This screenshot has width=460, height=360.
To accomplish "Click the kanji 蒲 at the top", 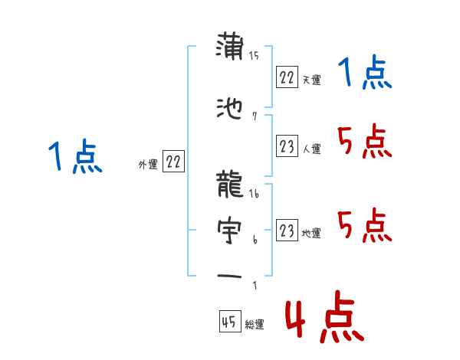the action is [230, 47].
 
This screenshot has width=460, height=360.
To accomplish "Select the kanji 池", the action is [230, 110].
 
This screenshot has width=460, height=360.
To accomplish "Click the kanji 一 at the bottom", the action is [230, 277].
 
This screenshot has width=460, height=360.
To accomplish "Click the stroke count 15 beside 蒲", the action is [254, 55].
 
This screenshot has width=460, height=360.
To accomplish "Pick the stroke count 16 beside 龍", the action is [254, 193].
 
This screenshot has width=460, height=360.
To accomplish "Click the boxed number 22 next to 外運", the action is [173, 161].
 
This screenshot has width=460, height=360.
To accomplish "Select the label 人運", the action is [311, 149].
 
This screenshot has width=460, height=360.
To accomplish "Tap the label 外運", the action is [147, 164].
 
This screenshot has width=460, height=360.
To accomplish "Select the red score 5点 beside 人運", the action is [363, 142].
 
